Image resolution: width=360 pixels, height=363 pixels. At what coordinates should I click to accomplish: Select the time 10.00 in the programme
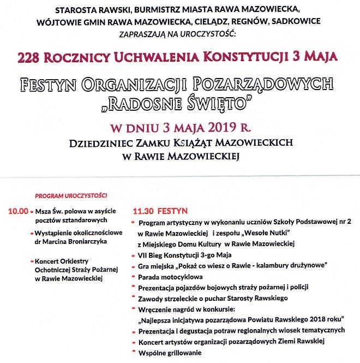pyautogui.click(x=17, y=210)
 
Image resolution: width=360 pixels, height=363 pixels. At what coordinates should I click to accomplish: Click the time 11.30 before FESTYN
pyautogui.click(x=143, y=210)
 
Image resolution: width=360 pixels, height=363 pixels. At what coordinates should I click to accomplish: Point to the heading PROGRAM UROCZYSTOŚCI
pyautogui.click(x=71, y=195)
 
